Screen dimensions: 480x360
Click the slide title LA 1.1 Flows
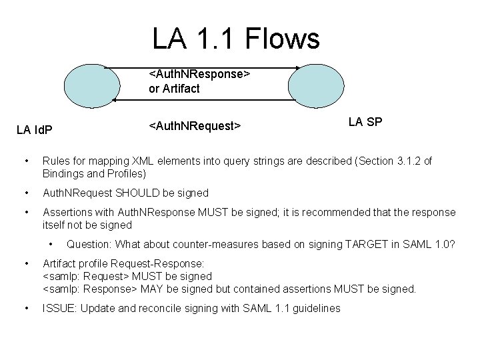point(236,38)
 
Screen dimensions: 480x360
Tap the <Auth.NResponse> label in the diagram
point(199,74)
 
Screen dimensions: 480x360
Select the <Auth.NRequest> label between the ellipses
point(195,125)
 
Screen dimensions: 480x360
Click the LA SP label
point(365,122)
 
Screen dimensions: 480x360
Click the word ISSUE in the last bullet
point(57,308)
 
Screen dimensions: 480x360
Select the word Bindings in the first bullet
point(64,173)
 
